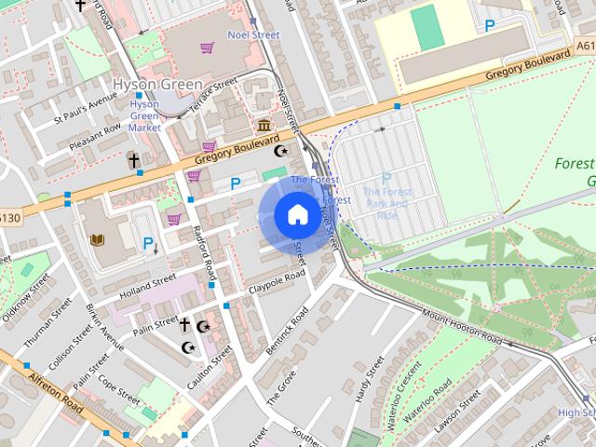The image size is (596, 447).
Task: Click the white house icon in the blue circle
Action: point(297,215)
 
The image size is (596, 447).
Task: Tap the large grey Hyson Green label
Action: point(157,85)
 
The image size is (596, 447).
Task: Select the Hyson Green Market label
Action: point(144,115)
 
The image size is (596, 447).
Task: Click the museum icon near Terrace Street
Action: point(264,126)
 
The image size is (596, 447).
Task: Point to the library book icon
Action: point(96,239)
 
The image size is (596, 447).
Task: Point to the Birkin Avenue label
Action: point(103,326)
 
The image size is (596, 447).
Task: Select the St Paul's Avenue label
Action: point(85,112)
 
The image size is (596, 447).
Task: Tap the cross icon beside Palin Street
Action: point(184,324)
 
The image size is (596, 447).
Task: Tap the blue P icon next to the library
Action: point(148,244)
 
